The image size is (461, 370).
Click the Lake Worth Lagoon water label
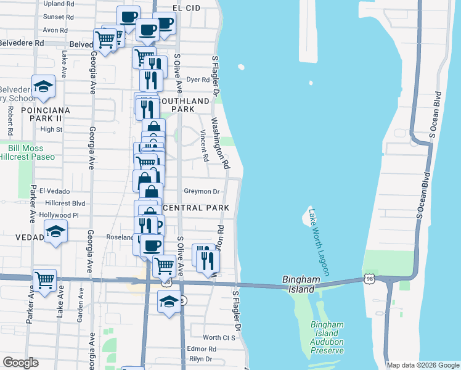point(319,241)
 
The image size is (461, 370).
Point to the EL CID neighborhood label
point(186,8)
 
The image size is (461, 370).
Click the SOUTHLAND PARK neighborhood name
point(184,105)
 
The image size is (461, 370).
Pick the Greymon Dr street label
point(202,192)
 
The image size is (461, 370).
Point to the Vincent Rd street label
point(204,146)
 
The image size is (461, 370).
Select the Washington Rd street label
point(221,144)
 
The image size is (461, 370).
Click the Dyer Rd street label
point(198,80)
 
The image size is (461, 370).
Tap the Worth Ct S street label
point(220,337)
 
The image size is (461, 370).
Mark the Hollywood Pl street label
point(59,215)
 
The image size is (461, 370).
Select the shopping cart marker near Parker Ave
point(44,280)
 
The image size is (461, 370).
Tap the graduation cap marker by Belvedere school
point(43,86)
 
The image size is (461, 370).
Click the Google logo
point(20,363)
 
